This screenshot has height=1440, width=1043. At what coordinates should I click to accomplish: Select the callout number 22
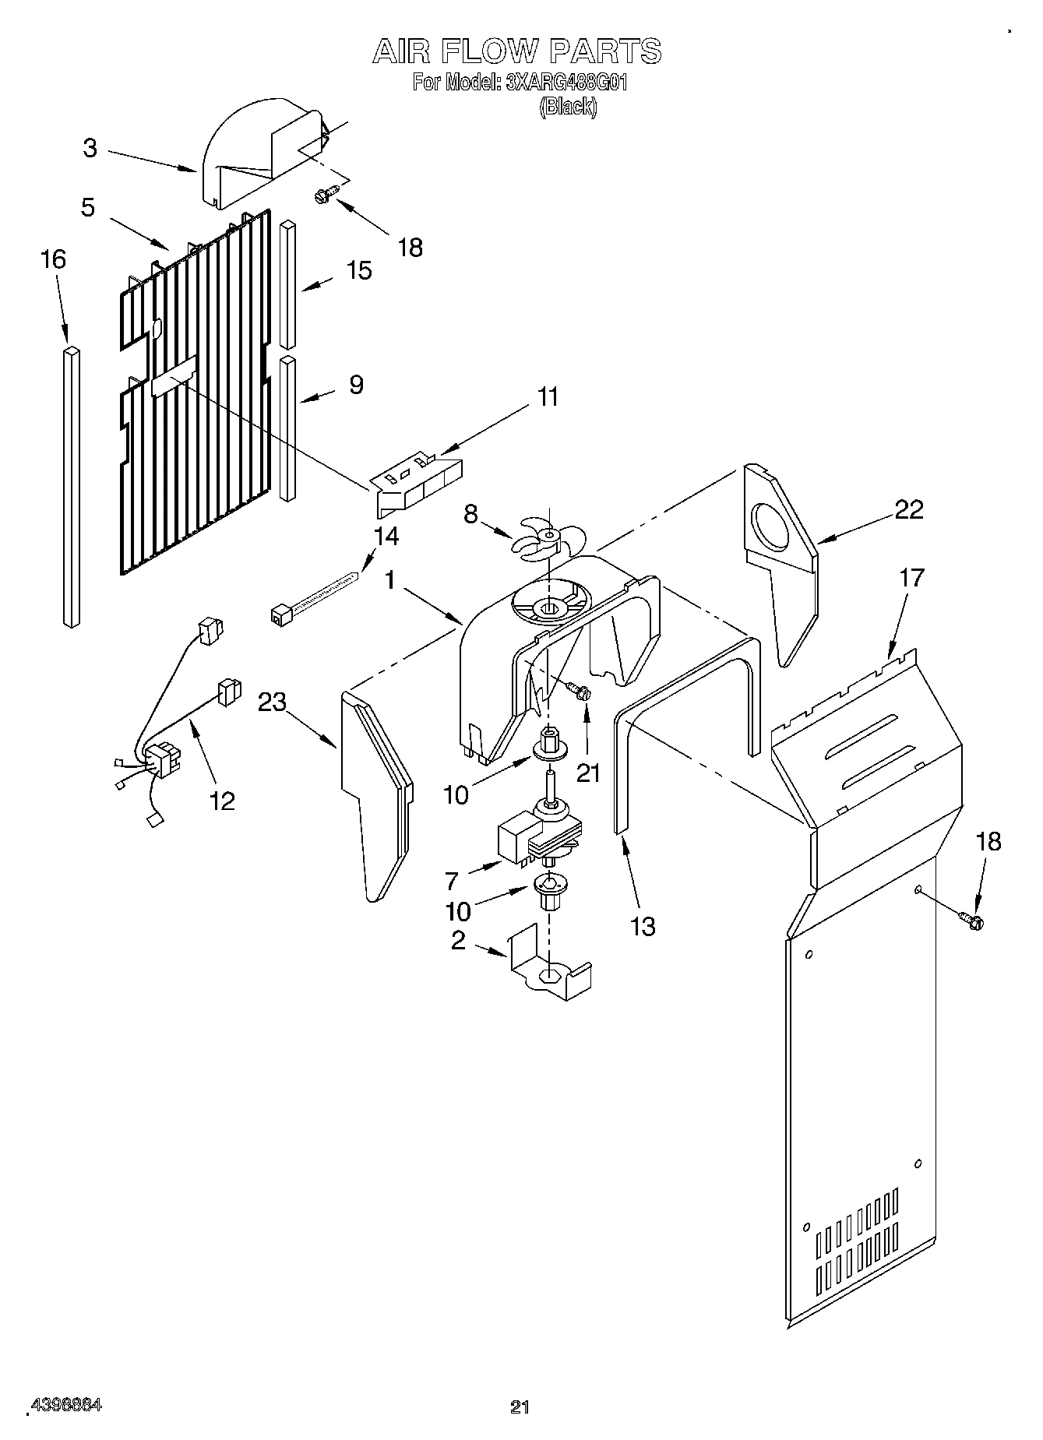click(x=908, y=509)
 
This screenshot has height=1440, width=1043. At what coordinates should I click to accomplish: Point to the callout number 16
click(x=53, y=259)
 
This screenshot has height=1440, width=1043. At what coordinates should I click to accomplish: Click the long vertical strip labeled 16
click(x=71, y=487)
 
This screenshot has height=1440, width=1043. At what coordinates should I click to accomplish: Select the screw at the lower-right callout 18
click(x=972, y=920)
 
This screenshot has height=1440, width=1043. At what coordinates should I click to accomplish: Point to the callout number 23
click(x=273, y=702)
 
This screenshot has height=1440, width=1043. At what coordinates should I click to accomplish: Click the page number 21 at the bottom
click(x=520, y=1406)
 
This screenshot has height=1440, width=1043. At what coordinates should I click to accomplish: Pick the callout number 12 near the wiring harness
click(x=222, y=800)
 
